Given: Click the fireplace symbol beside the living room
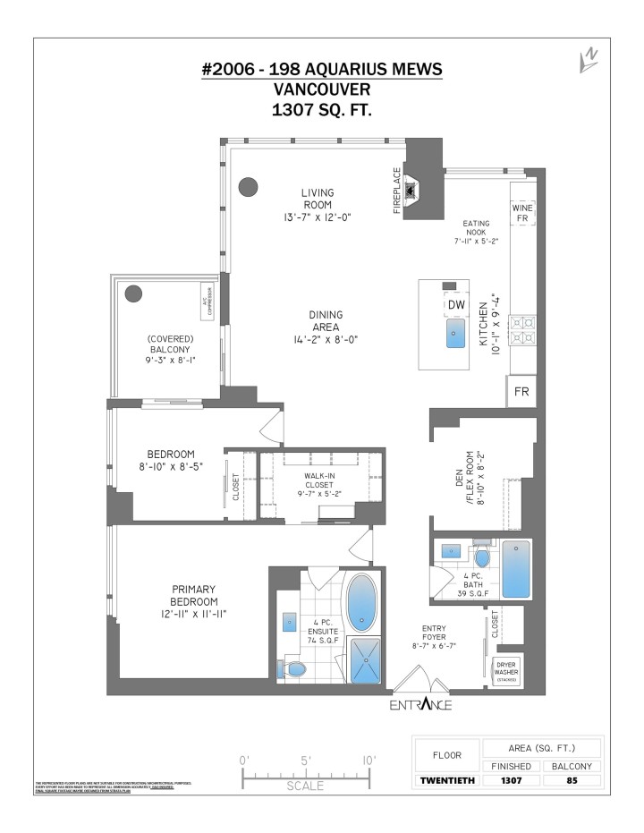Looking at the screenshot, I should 411,190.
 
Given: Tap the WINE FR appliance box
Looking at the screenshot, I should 521,213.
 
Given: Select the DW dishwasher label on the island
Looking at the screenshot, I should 456,306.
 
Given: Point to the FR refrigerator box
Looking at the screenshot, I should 521,392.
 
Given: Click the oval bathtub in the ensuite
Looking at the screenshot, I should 362,603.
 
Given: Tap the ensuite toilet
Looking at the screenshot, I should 295,667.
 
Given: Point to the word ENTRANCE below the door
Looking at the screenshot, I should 420,705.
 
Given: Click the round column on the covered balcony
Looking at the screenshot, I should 133,293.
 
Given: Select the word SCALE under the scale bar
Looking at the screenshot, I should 306,786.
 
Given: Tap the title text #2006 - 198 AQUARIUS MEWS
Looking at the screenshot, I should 321,70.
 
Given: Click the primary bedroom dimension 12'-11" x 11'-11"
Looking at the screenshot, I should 194,614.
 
